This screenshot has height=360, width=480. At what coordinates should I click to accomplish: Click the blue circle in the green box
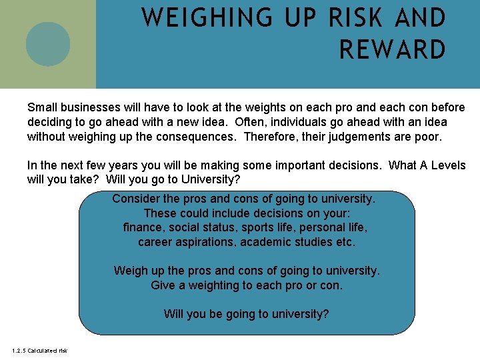click(x=48, y=44)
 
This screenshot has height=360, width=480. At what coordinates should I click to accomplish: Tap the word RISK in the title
click(x=352, y=18)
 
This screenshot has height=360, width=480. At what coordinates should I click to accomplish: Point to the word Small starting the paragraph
click(x=41, y=107)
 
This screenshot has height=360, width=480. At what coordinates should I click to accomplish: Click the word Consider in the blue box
click(x=135, y=199)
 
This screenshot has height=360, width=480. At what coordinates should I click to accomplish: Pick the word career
click(x=156, y=242)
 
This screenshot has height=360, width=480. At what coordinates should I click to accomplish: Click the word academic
click(x=267, y=242)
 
